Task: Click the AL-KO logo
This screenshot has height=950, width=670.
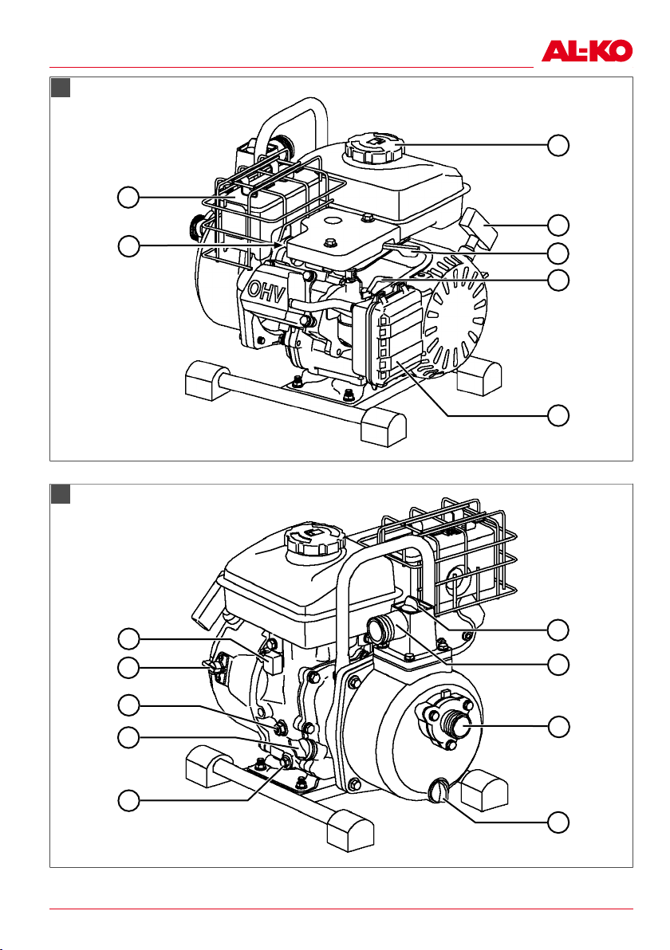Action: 586,51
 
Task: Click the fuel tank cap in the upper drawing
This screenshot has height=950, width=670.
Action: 373,148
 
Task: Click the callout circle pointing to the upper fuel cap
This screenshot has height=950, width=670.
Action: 558,145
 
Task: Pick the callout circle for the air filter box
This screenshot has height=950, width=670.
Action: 558,416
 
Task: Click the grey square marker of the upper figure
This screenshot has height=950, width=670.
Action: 61,87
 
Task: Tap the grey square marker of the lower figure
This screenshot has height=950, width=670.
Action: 61,494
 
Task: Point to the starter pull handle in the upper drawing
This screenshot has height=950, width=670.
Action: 479,229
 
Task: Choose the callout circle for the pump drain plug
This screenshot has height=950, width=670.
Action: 558,822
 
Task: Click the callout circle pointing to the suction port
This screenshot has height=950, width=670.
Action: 558,726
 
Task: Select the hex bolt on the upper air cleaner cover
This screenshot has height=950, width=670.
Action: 329,243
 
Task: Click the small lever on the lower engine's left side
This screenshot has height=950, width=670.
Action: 214,666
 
